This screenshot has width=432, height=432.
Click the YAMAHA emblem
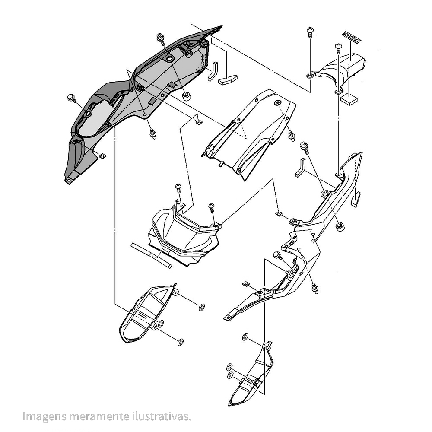click(x=351, y=38)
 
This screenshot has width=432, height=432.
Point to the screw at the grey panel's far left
click(x=72, y=98)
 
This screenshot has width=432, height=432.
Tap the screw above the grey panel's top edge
click(x=162, y=38)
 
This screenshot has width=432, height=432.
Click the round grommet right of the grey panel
click(x=187, y=95)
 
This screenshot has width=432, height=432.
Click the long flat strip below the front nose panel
click(x=151, y=255)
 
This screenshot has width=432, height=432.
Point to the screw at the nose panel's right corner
click(x=212, y=207)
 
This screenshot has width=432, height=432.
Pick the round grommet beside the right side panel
click(x=340, y=226)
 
